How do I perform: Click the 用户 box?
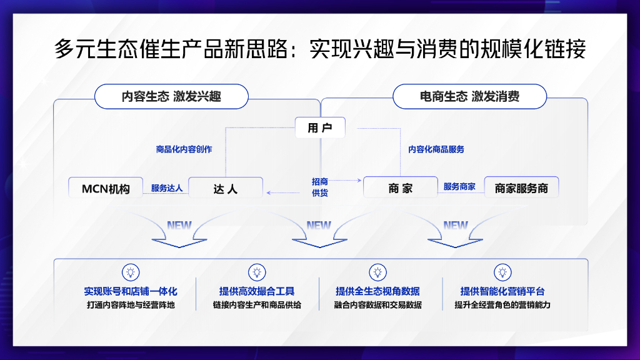coord(320,127)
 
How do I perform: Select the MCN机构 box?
coord(106,187)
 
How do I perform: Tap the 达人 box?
coord(225,187)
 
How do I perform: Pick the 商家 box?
coord(401,187)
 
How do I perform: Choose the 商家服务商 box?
coord(521,187)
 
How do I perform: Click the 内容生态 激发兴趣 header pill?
coord(171,96)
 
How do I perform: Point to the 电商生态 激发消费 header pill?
coord(469,96)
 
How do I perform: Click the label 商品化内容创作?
coord(184,149)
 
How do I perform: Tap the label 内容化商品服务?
coord(436,149)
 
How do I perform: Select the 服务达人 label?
coord(166,188)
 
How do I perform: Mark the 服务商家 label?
coord(459,186)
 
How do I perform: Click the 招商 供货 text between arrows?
coord(320,187)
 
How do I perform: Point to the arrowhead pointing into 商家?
coord(359,180)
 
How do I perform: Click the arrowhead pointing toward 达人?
coord(269,192)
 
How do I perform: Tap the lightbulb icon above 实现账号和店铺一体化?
coord(131,272)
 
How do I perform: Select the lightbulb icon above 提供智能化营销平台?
coord(502,272)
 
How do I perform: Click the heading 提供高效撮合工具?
coord(257,291)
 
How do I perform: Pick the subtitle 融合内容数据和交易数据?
coord(378,305)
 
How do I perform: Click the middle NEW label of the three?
coord(319,225)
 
